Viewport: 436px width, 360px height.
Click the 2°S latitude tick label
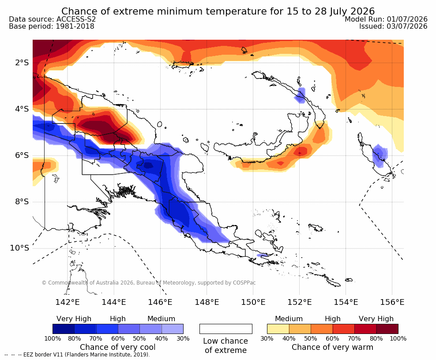coord(22,63)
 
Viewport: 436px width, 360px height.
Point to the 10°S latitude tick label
coord(19,248)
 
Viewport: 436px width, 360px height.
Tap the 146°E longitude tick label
coord(160,302)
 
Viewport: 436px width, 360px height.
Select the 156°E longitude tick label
coord(392,302)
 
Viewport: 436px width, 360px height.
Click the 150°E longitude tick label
coord(253,302)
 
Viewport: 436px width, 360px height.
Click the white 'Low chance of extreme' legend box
coord(226,329)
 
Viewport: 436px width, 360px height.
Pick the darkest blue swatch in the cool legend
coord(64,329)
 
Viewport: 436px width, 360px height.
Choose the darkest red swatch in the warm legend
coord(387,329)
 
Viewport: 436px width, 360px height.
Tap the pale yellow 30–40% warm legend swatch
coord(278,329)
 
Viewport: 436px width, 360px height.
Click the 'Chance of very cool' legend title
coord(118,347)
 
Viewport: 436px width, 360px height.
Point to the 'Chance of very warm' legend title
coord(332,347)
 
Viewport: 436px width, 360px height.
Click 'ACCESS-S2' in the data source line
coord(76,19)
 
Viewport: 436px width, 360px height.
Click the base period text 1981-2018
coord(75,26)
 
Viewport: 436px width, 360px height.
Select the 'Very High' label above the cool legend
coord(74,319)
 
